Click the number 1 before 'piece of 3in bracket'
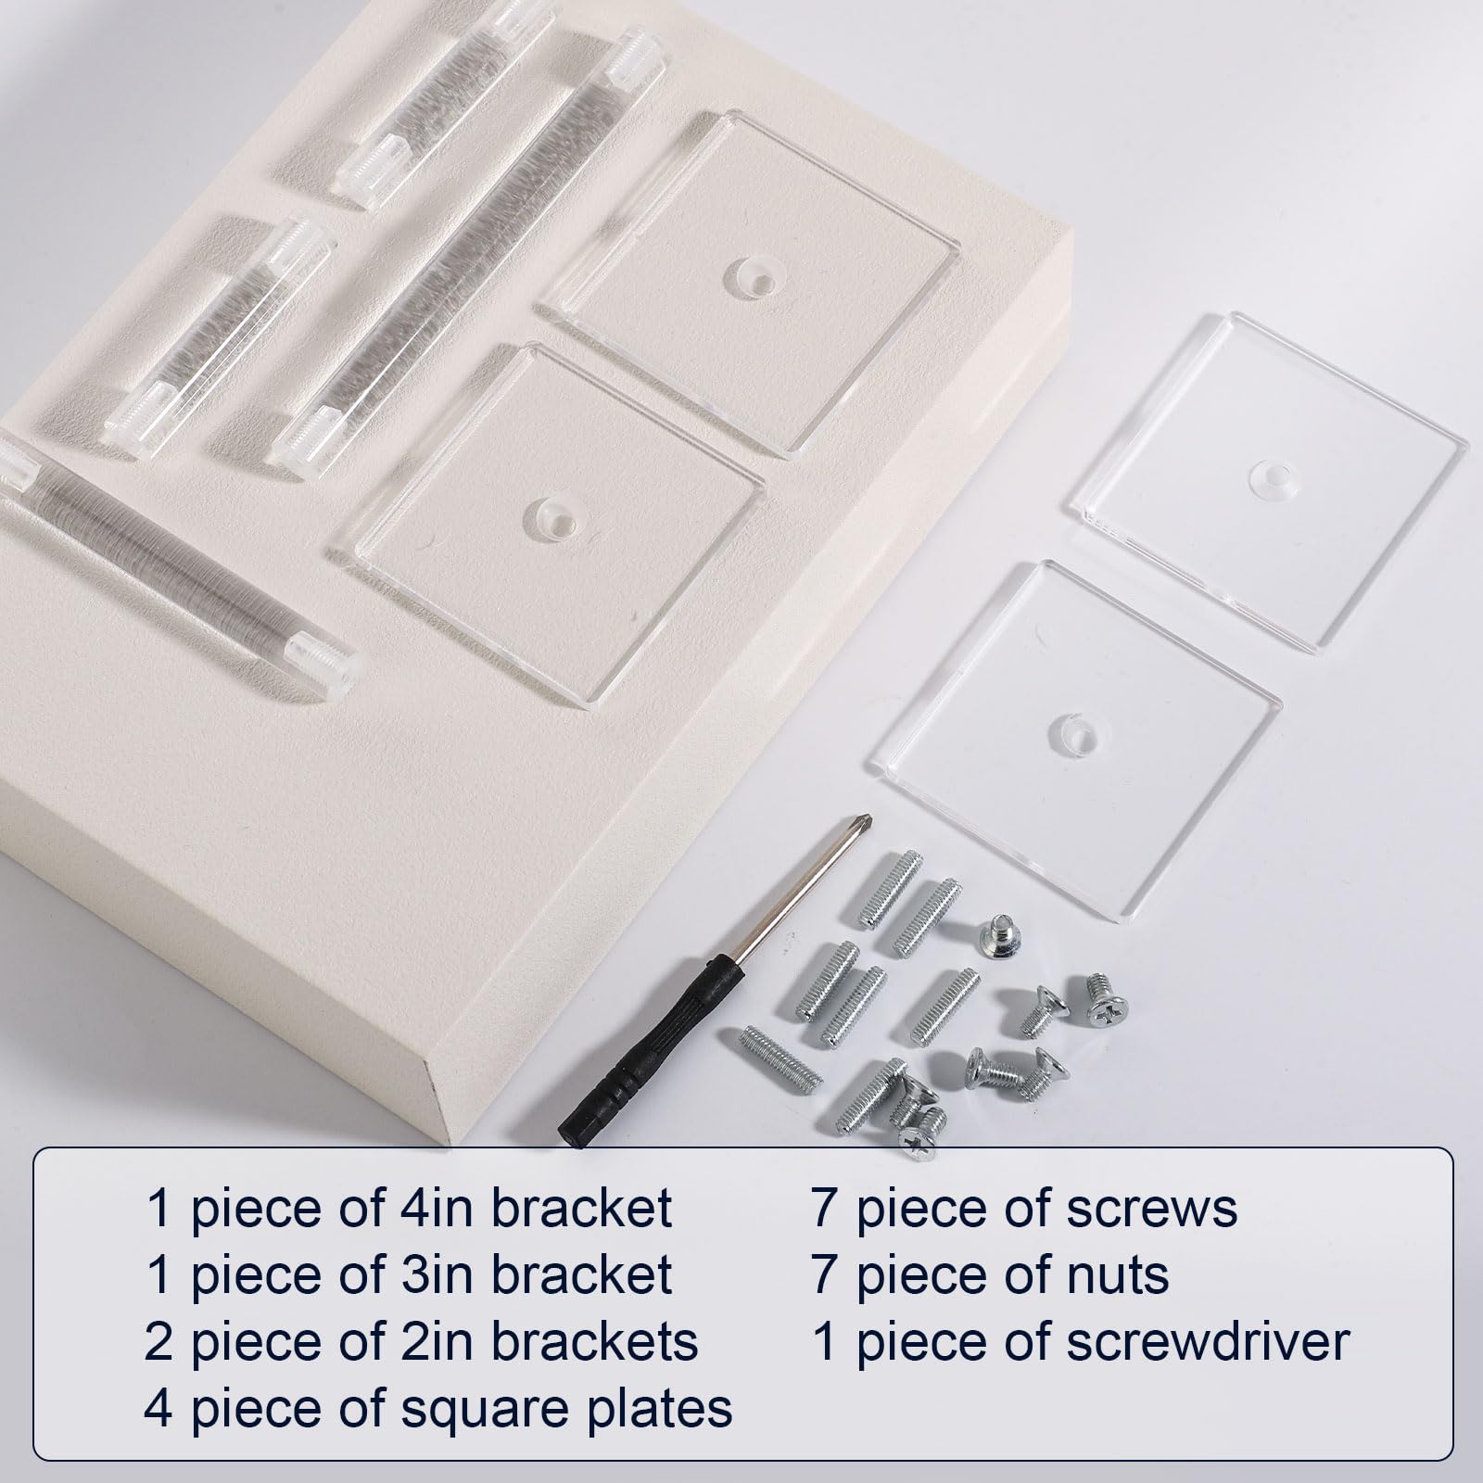point(159,1274)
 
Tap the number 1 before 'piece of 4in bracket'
point(159,1208)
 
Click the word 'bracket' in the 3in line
point(581,1274)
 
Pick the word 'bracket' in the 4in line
point(581,1208)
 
